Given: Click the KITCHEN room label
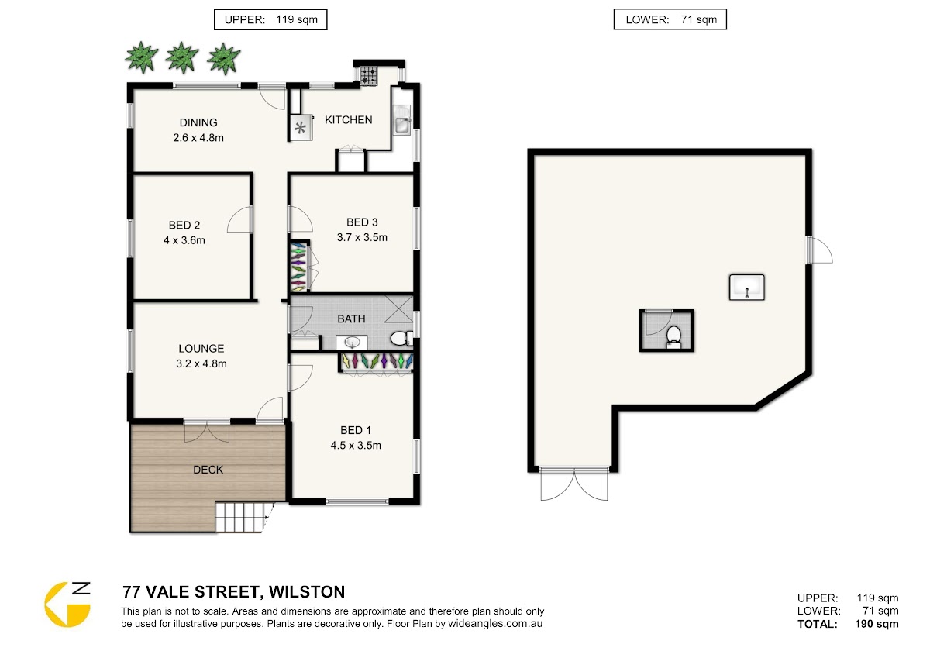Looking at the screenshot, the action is (348, 120).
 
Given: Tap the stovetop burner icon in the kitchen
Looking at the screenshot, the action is (369, 76).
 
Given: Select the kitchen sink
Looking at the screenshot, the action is (402, 120).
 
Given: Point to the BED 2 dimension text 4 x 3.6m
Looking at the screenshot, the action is (184, 240).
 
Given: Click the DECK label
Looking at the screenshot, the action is (208, 470).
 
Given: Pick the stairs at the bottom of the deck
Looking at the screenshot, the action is (239, 517).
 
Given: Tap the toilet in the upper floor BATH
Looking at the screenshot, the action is (401, 339).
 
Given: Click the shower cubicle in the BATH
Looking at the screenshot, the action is (398, 309).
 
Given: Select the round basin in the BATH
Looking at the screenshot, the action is (352, 343).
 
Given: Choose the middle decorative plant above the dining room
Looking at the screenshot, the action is (182, 57).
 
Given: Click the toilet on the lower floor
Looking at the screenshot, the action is (673, 336).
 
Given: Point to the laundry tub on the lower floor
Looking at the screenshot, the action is (747, 287).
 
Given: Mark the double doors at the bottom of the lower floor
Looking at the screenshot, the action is (574, 484).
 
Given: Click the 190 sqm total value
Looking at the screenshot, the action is (877, 624).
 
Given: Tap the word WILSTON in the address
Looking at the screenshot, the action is (307, 592).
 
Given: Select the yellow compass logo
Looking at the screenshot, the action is (67, 605).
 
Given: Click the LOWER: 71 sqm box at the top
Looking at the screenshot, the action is (670, 19).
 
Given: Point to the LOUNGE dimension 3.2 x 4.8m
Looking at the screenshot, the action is (201, 364).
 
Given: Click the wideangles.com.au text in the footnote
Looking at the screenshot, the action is (495, 624).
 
